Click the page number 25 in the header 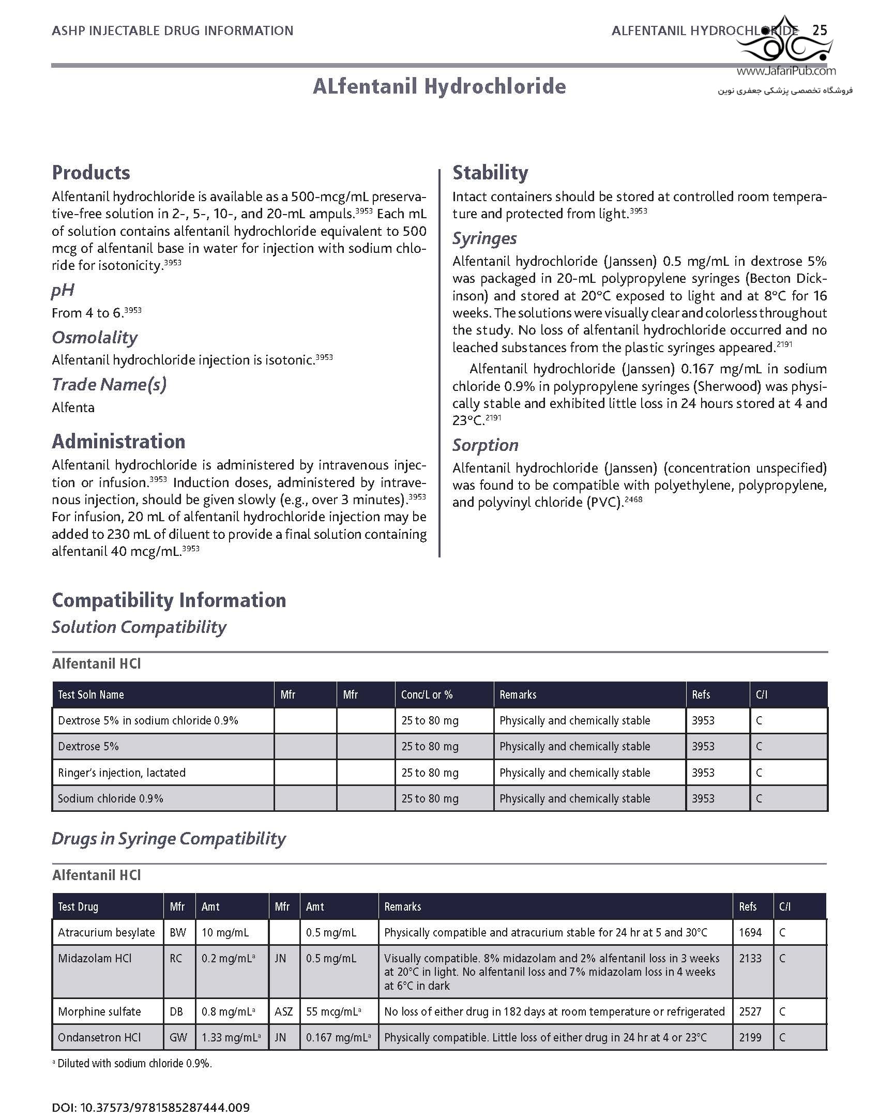coord(820,30)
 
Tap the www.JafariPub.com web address coord(786,71)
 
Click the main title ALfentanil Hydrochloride coord(439,86)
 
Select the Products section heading coord(91,172)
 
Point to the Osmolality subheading coord(95,337)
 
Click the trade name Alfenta coord(73,407)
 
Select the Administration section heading coord(118,441)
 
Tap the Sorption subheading coord(485,445)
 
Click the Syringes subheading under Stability coord(484,238)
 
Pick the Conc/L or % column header coord(427,694)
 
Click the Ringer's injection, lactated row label coord(122,773)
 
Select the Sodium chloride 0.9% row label coord(111,798)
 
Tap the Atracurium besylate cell coord(107,932)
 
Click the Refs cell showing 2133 coord(750,958)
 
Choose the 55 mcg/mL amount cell coord(334,1011)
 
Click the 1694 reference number coord(750,932)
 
